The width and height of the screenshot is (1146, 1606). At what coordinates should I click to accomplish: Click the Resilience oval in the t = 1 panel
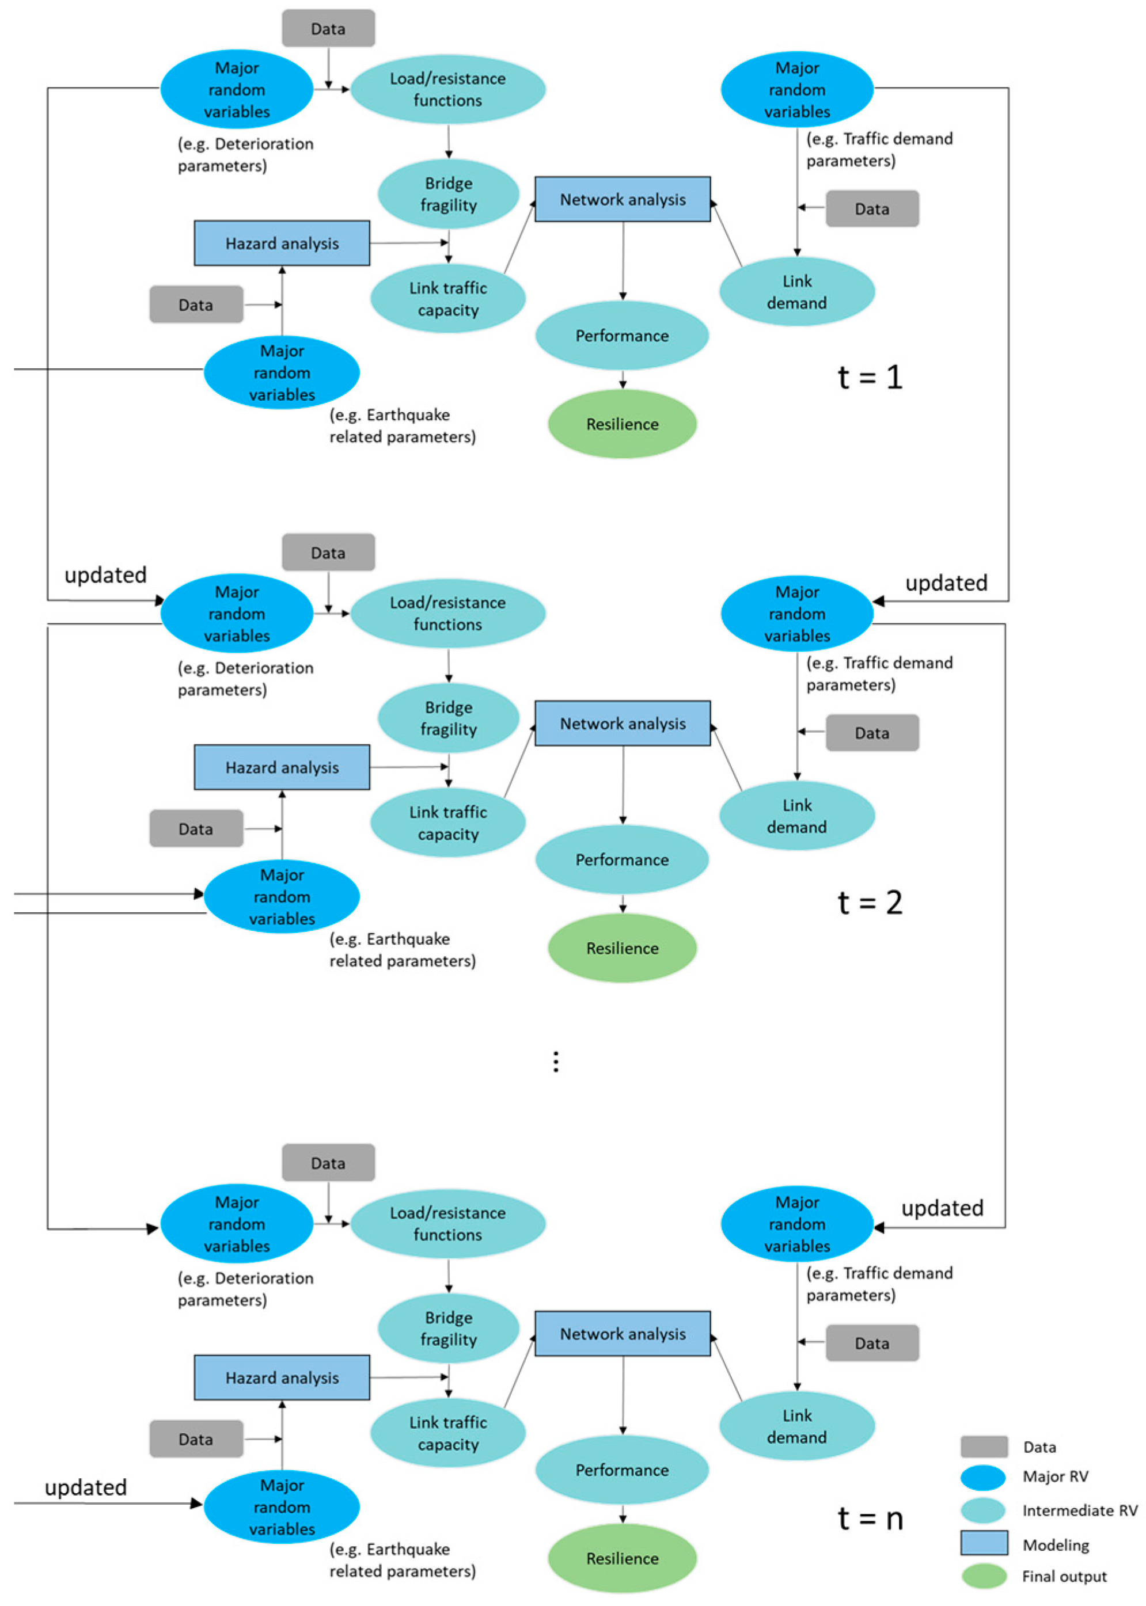pos(622,424)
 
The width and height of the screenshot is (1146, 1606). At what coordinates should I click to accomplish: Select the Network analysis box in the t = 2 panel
pos(623,723)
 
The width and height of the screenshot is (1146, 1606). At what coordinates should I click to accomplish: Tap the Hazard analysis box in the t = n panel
pos(282,1377)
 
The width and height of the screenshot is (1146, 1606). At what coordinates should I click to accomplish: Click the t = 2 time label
pos(870,902)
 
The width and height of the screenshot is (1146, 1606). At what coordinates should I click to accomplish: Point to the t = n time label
pos(870,1518)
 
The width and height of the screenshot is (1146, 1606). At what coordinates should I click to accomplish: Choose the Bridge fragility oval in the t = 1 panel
pos(448,194)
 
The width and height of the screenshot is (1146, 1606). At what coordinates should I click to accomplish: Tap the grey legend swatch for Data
pos(984,1447)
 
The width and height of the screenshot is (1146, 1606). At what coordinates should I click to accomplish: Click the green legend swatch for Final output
pos(984,1577)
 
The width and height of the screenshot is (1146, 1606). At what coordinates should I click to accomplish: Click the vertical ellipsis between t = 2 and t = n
pos(556,1061)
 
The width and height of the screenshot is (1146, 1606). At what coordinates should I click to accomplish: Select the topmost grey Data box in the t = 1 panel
pos(328,28)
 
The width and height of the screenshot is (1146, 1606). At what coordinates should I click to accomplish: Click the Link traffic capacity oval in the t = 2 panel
pos(448,823)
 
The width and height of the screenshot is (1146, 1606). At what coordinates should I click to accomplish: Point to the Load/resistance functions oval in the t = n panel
pos(448,1223)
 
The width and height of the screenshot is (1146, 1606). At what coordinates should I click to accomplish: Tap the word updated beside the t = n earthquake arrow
pos(85,1487)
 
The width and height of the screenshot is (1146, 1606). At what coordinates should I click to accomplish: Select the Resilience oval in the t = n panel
pos(622,1558)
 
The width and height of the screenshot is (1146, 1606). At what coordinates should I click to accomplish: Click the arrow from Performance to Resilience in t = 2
pos(623,904)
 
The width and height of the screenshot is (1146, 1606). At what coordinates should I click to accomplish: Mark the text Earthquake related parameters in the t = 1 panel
pos(402,425)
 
